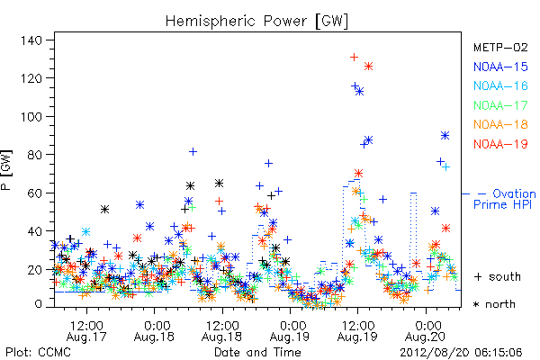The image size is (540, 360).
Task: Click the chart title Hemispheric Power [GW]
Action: (256, 22)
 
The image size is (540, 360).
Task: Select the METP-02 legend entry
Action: (500, 47)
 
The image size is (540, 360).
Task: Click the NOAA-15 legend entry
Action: (500, 67)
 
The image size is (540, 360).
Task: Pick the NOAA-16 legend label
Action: (500, 85)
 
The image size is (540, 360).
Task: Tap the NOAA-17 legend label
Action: (500, 105)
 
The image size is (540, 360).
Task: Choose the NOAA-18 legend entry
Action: (500, 124)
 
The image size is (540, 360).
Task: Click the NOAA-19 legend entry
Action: (500, 144)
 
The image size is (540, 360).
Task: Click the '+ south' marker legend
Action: (498, 276)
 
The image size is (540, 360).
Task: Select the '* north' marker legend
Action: (494, 304)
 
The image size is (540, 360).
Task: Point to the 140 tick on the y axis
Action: (31, 40)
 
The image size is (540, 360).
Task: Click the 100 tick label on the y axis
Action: (31, 117)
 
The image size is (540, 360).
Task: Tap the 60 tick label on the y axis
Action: (35, 193)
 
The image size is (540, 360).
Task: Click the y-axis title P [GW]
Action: (6, 170)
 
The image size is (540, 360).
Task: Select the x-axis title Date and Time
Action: (257, 352)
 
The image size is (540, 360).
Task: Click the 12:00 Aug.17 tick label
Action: (86, 331)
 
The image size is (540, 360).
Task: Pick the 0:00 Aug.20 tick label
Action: (426, 331)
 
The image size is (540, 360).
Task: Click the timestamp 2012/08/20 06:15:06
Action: (461, 353)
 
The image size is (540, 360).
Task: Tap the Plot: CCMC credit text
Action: (38, 353)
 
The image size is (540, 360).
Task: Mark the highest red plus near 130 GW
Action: (354, 58)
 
